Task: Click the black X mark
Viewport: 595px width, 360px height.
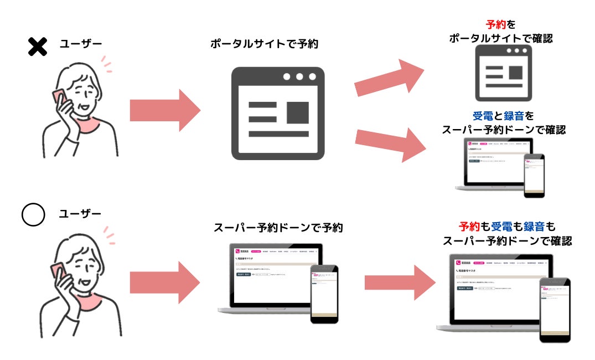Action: pyautogui.click(x=37, y=47)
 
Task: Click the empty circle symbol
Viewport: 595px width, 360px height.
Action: pyautogui.click(x=33, y=215)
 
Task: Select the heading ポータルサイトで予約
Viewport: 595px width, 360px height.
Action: pyautogui.click(x=265, y=44)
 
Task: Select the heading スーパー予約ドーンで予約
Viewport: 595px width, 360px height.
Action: pyautogui.click(x=278, y=228)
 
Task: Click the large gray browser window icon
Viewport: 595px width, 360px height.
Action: pyautogui.click(x=277, y=114)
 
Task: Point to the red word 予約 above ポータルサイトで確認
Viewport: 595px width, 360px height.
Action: pyautogui.click(x=495, y=24)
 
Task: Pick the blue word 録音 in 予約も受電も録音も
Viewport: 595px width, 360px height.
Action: pyautogui.click(x=534, y=227)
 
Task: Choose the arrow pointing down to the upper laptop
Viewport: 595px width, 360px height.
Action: pyautogui.click(x=389, y=143)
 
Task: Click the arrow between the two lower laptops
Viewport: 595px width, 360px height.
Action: pyautogui.click(x=399, y=282)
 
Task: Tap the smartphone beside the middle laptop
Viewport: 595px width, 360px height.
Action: pyautogui.click(x=324, y=294)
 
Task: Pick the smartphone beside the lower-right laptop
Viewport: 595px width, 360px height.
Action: pyautogui.click(x=555, y=309)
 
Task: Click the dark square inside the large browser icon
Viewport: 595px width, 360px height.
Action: pyautogui.click(x=297, y=112)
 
